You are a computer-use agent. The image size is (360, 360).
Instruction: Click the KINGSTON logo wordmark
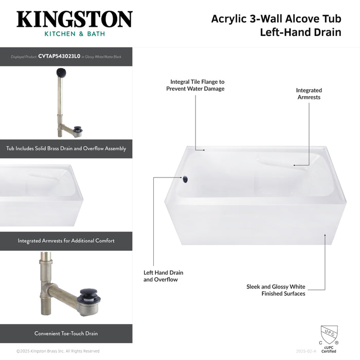pos(74,20)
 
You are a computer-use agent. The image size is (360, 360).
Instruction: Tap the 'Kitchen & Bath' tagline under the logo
pos(74,34)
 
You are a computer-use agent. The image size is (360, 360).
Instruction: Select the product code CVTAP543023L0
pos(59,57)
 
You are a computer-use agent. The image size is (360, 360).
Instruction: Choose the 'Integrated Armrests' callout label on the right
pos(309,94)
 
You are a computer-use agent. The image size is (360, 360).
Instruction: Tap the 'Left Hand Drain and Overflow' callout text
pos(163,276)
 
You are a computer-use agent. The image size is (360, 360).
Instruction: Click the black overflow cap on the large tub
pos(184,178)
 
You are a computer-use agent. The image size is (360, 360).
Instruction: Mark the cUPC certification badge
pos(329,338)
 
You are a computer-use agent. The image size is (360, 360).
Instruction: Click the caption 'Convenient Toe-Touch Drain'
pos(66,333)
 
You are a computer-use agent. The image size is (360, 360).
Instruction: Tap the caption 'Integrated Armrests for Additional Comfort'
pos(66,241)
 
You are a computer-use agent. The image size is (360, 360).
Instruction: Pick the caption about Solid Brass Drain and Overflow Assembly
pos(66,149)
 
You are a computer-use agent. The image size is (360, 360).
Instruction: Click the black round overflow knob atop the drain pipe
pos(61,73)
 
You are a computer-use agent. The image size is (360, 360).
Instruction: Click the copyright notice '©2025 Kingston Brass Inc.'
pos(58,351)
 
